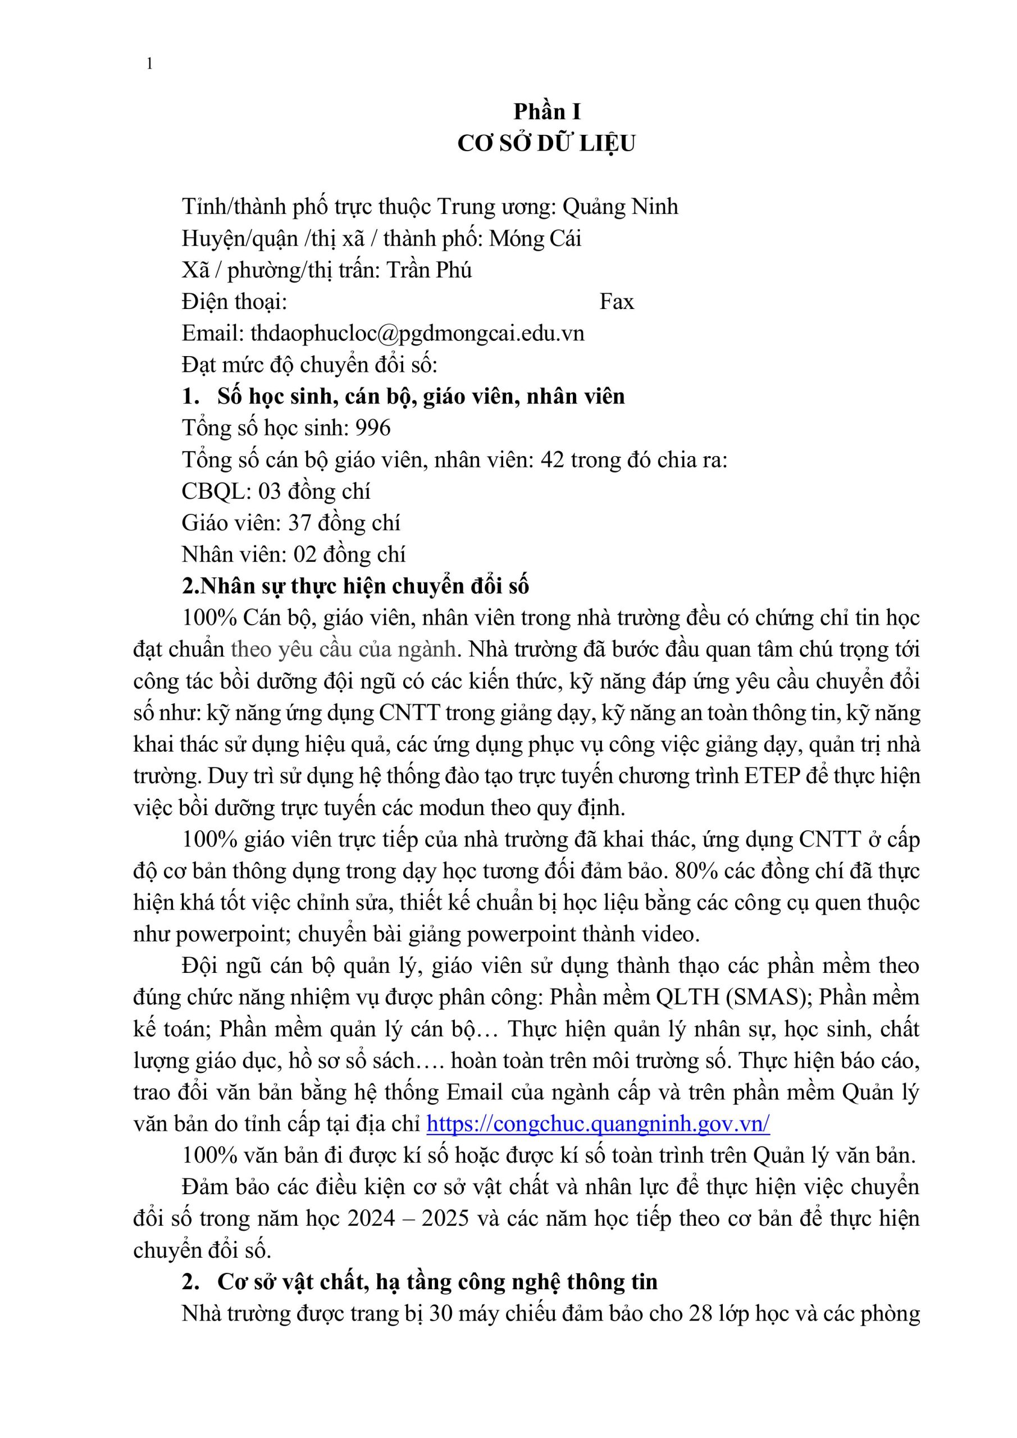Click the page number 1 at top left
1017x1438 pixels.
tap(149, 64)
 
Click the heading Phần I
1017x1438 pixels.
tap(547, 112)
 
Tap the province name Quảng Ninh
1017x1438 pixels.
tap(620, 207)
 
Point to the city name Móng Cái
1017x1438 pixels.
tap(535, 239)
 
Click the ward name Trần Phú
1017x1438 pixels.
tap(429, 270)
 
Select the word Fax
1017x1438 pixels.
tap(616, 302)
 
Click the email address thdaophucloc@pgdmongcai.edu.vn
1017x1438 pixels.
tap(417, 333)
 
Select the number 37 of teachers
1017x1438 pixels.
tap(299, 523)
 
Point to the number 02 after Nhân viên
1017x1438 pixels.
tap(305, 555)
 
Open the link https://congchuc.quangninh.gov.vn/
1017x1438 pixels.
tap(598, 1124)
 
